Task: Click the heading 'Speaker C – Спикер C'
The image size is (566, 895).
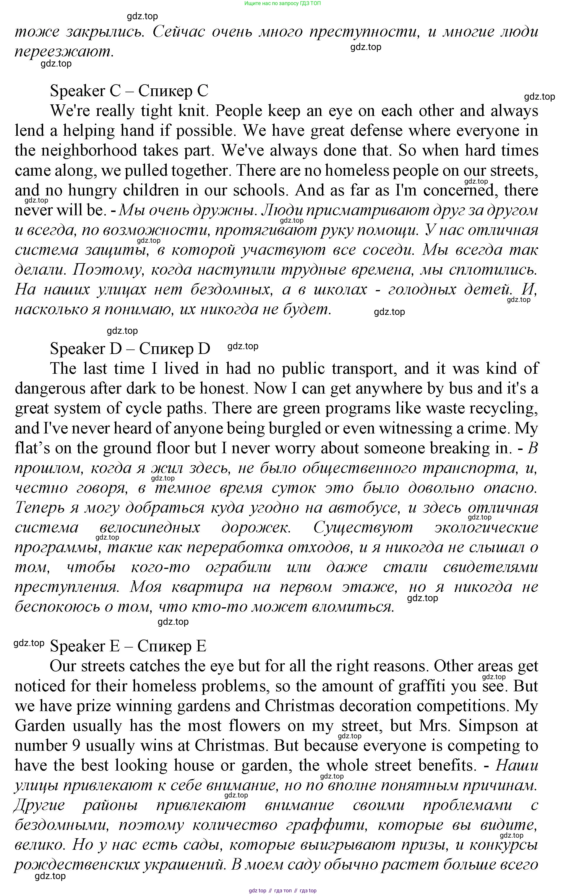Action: pos(129,91)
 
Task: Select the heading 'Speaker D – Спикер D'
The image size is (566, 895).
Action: pos(130,349)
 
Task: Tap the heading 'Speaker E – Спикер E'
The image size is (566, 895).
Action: pos(128,646)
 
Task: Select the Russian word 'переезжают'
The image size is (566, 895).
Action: pos(62,52)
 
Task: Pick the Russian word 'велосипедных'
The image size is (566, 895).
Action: pos(150,527)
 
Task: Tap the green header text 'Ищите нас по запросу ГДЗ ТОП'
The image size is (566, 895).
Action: pos(283,3)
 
